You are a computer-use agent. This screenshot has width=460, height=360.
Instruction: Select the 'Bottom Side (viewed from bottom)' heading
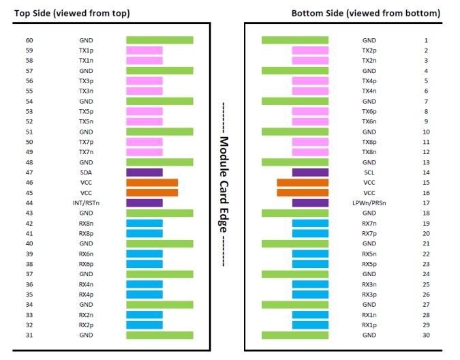tap(365, 13)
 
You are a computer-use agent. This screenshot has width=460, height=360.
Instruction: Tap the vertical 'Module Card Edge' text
tap(224, 184)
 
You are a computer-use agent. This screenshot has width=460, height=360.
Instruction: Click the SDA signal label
tap(86, 172)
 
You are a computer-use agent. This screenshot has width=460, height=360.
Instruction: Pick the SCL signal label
tap(369, 172)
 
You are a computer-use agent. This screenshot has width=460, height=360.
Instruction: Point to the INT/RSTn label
tap(86, 203)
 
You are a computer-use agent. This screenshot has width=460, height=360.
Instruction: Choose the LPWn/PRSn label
tap(369, 203)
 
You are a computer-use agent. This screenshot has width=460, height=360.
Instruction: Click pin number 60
tap(29, 40)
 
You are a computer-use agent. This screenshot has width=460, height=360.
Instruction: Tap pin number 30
tap(426, 335)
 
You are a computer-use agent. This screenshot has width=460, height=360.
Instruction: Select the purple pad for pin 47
tap(144, 172)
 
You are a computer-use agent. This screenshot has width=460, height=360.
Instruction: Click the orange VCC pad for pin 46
tap(152, 183)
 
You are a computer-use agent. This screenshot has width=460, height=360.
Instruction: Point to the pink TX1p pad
tap(144, 50)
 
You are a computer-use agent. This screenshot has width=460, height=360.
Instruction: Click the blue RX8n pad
tap(144, 223)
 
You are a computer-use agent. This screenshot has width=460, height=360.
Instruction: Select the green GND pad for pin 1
tap(295, 40)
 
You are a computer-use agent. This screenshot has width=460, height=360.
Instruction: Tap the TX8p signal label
tap(369, 142)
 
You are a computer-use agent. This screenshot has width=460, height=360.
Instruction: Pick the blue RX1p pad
tap(310, 325)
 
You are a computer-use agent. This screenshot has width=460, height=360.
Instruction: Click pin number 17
tap(426, 203)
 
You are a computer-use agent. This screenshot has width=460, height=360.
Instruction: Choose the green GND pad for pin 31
tap(159, 335)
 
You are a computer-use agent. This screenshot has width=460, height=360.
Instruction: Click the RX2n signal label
tap(86, 315)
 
